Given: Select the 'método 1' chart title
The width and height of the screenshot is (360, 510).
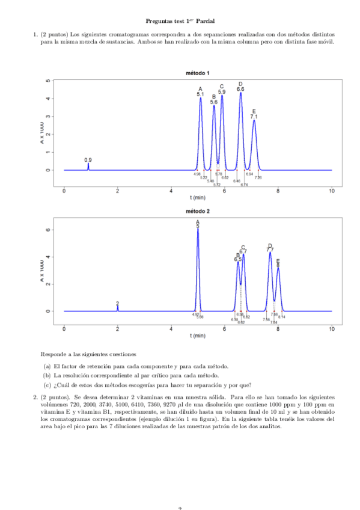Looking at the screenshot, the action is (198, 73).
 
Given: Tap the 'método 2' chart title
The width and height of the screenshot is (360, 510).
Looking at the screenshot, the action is (198, 212).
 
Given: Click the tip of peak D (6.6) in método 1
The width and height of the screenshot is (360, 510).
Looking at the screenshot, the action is (240, 93).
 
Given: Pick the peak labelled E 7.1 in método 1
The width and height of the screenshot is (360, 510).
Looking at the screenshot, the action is (254, 120).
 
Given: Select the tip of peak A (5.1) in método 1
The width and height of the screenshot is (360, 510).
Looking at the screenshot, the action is (201, 98).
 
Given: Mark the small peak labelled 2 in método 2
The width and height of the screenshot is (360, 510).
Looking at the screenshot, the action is (118, 307).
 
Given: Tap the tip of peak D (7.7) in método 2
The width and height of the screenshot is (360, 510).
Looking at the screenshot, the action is (270, 253).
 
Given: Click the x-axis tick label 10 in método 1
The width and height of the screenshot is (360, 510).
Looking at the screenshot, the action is (331, 191).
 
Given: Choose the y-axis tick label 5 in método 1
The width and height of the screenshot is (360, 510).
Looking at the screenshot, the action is (47, 81).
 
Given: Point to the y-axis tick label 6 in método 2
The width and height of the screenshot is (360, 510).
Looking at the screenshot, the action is (47, 230).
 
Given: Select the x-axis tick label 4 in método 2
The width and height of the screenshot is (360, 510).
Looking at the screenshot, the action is (171, 330).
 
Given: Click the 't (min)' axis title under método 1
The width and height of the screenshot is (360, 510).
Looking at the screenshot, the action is (198, 197).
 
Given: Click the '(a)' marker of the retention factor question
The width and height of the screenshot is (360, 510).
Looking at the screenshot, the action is (46, 366).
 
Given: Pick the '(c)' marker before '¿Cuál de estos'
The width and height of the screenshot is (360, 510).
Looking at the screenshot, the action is (46, 385).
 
